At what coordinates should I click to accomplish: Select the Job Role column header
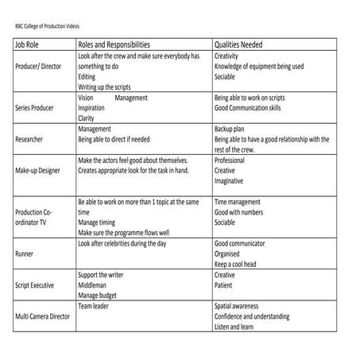pos(29,45)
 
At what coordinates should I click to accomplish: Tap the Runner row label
pos(25,253)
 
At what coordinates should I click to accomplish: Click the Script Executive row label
pos(35,284)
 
